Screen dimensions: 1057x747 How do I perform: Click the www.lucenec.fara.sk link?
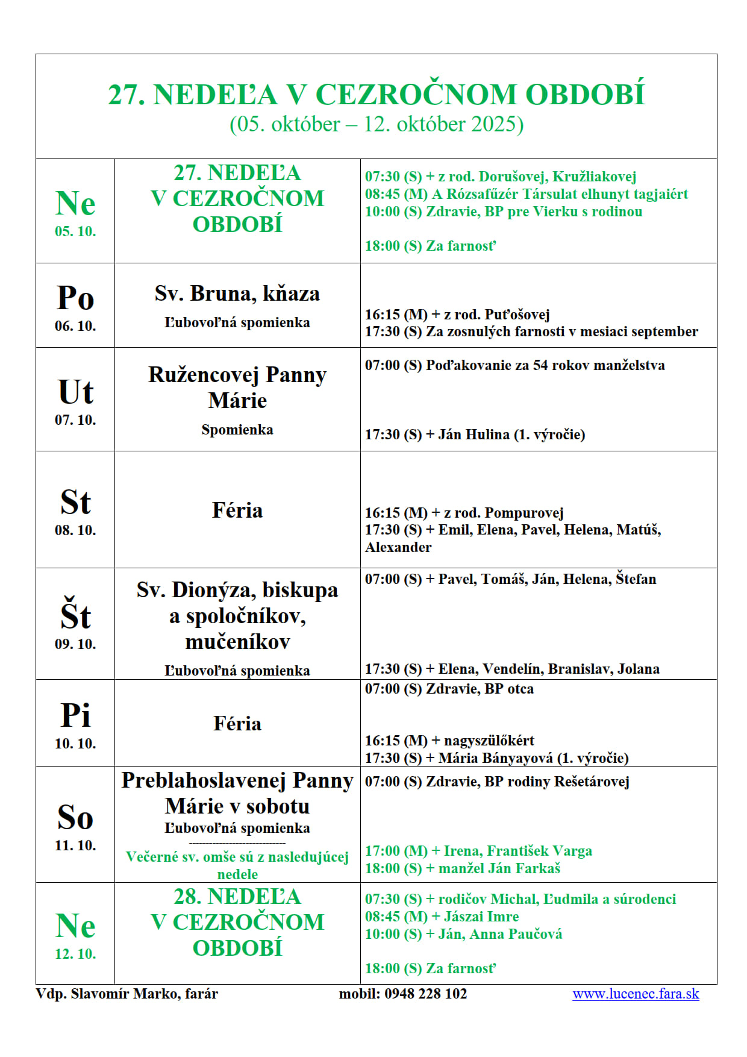tap(636, 994)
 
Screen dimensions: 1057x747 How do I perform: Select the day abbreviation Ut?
tap(75, 392)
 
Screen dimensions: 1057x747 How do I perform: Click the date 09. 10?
tap(75, 644)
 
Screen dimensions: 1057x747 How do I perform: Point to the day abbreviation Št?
tap(75, 615)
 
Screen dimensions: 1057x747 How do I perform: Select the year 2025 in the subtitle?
tap(493, 124)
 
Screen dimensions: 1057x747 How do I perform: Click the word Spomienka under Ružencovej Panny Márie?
tap(237, 430)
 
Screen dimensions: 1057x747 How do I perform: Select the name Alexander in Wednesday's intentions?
tap(398, 547)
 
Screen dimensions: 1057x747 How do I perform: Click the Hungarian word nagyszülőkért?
tap(489, 741)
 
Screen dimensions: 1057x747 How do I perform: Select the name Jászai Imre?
tap(481, 917)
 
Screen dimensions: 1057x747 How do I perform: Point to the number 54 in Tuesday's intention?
tap(541, 365)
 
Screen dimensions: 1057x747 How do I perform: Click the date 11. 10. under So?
tap(75, 845)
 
